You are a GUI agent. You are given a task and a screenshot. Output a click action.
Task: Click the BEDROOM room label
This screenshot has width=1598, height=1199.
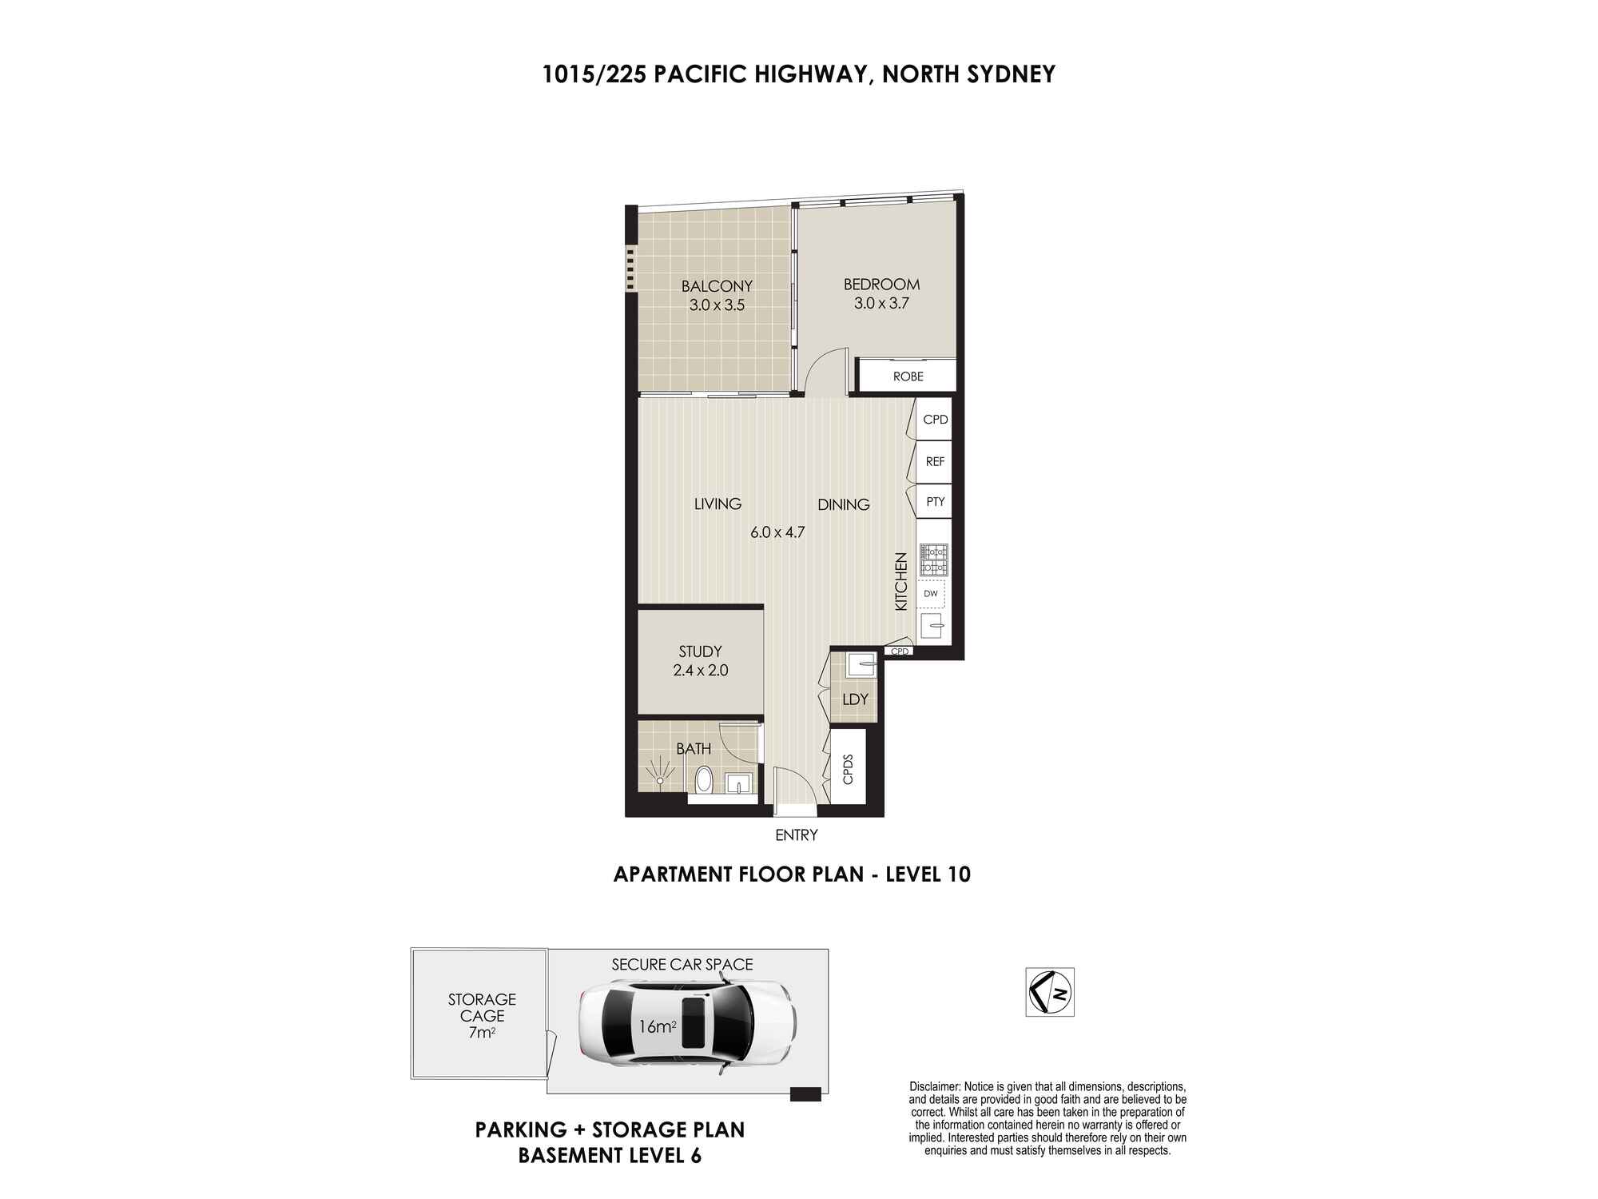click(x=881, y=285)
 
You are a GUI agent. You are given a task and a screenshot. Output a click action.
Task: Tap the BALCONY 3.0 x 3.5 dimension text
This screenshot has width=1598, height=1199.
click(x=717, y=305)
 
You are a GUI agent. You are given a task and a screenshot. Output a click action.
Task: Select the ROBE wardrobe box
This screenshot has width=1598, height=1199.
click(x=907, y=376)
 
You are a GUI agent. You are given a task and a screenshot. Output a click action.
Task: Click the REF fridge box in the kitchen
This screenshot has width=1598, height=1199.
click(x=934, y=461)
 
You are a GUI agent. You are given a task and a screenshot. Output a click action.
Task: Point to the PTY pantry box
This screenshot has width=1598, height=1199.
click(x=934, y=502)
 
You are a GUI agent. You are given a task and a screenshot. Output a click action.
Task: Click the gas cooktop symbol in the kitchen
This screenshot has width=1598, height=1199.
click(x=933, y=560)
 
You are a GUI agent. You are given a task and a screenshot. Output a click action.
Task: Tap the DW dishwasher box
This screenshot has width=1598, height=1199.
click(x=932, y=594)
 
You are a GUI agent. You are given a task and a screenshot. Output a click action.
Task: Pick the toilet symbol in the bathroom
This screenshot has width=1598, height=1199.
click(x=704, y=778)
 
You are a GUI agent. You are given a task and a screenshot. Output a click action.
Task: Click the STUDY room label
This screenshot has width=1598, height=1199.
click(x=700, y=651)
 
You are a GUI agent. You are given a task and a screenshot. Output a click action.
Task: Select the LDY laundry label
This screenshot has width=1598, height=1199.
click(x=855, y=699)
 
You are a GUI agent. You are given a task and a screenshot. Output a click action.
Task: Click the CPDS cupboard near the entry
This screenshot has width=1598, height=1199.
click(x=849, y=768)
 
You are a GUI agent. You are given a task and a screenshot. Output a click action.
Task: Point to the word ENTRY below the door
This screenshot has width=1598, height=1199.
click(x=797, y=835)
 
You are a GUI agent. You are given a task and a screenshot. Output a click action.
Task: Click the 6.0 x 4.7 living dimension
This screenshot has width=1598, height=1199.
click(x=777, y=532)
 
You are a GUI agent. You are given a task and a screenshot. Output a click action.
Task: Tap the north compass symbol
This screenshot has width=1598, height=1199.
click(x=1050, y=992)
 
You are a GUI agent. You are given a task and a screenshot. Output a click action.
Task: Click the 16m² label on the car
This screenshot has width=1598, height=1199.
click(x=658, y=1026)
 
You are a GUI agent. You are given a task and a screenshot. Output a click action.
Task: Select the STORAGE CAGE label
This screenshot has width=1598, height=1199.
click(x=482, y=1007)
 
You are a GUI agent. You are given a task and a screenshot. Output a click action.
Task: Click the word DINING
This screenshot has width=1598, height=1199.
click(x=843, y=504)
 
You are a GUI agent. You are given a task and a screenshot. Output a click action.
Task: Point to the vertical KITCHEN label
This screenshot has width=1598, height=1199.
click(x=901, y=582)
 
